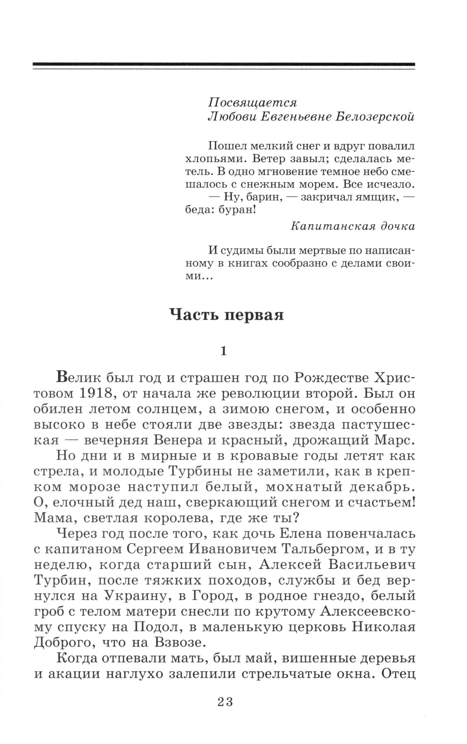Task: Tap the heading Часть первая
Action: (x=226, y=314)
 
